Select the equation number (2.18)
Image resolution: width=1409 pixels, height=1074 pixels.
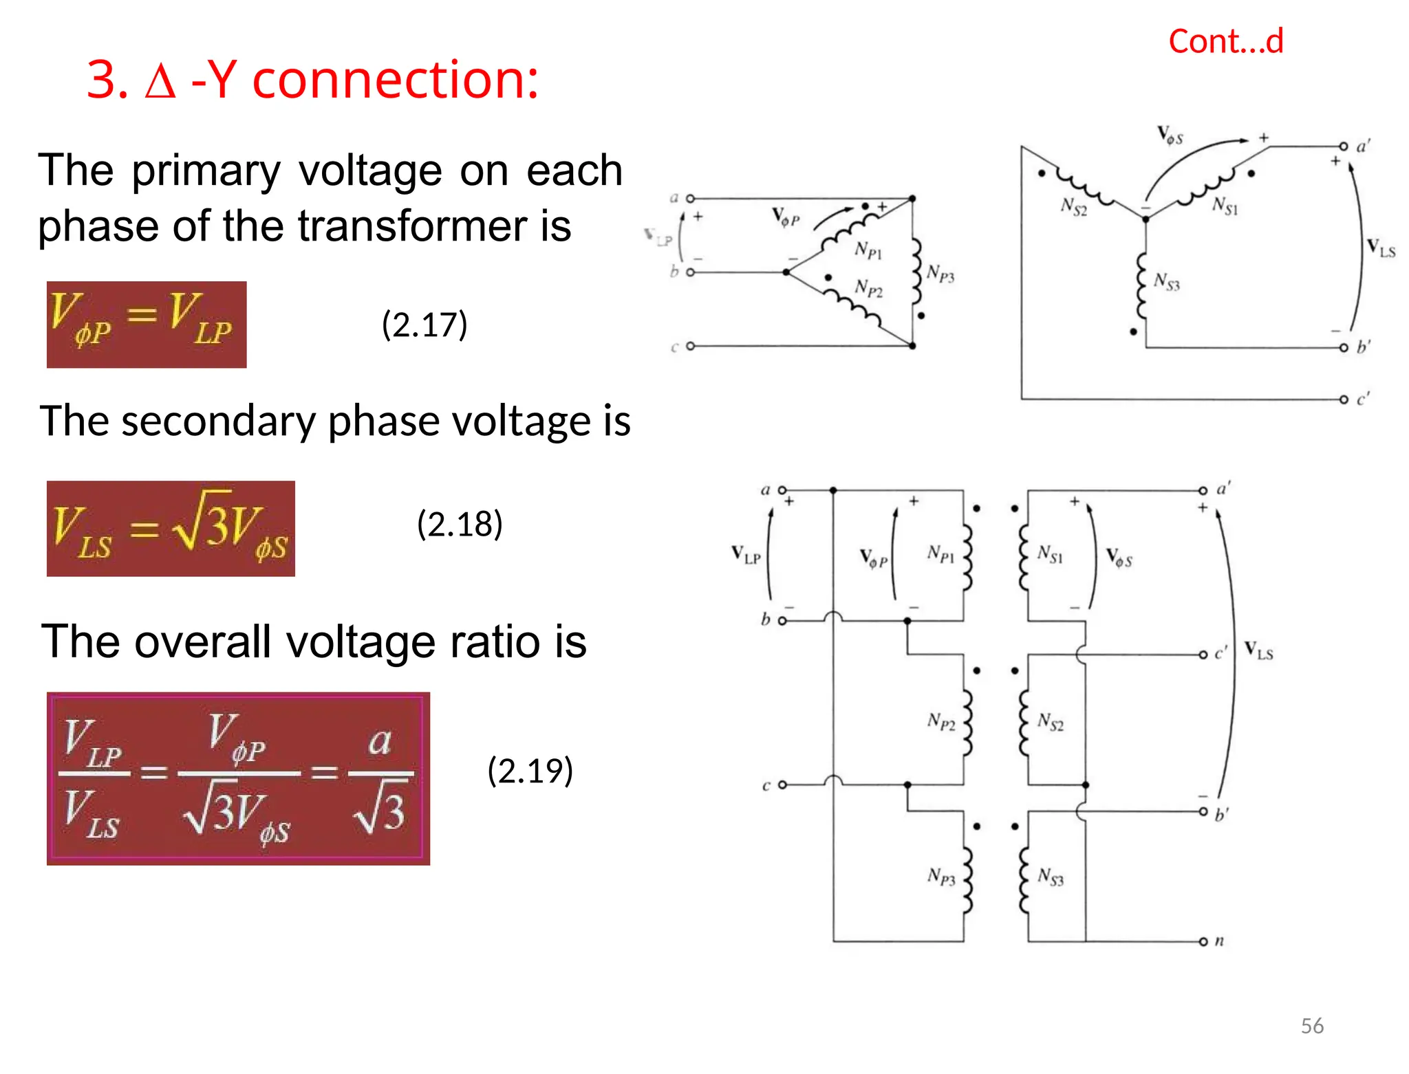coord(460,524)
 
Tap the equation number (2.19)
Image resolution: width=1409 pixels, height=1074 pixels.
coord(530,770)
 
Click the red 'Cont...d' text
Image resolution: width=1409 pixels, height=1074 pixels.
coord(1225,41)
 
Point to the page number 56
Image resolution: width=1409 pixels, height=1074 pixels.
coord(1312,1026)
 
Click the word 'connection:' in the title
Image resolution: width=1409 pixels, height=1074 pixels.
coord(396,80)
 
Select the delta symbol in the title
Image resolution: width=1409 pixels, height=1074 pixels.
coord(160,82)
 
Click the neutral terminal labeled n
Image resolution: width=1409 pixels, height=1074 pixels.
coord(1203,941)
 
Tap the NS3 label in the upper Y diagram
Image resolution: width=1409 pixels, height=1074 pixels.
coord(1166,281)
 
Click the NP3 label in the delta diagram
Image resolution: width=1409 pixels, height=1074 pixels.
coord(940,274)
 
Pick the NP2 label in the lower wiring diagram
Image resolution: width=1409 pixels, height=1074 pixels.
coord(941,721)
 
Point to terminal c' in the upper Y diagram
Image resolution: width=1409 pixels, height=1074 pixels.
coord(1344,399)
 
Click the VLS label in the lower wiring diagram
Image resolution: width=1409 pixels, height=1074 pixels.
coord(1258,650)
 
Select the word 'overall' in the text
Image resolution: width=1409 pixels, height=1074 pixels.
coord(203,642)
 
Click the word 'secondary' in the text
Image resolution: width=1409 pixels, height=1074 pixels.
coord(217,421)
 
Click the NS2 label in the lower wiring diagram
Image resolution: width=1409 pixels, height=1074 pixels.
coord(1050,721)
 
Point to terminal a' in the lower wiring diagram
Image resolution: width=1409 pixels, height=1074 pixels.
coord(1203,490)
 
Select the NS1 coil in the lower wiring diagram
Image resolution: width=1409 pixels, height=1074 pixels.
coord(1024,557)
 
